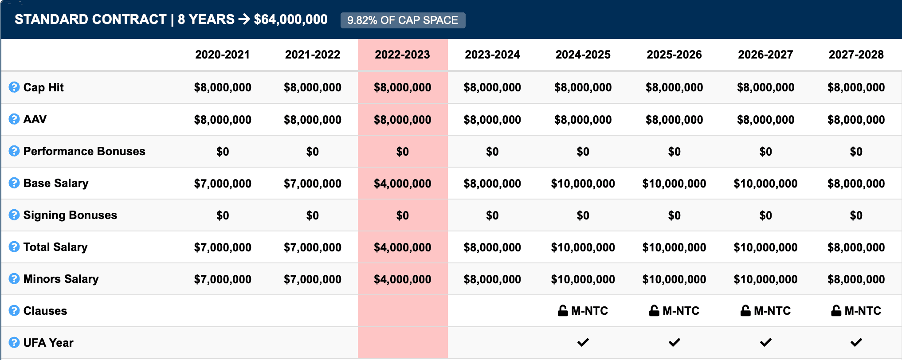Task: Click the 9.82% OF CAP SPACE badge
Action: point(403,20)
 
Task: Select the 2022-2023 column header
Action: point(402,55)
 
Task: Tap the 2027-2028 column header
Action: point(856,55)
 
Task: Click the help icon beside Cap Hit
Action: point(14,87)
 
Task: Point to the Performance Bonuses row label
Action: point(84,151)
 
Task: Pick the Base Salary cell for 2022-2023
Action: point(402,184)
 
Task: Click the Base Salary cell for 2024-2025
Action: point(583,184)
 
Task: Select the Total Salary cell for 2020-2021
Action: point(223,247)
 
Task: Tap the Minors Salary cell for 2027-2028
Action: point(856,279)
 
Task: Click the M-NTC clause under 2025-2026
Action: point(680,311)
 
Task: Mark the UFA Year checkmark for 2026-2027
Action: point(765,342)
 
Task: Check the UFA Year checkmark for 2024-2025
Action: point(583,342)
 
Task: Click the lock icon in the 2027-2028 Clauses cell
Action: point(836,311)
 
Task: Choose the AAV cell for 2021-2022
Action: point(313,120)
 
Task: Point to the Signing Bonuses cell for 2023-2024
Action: point(492,215)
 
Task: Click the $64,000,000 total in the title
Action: point(290,20)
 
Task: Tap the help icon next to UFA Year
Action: point(14,343)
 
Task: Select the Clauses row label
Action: point(45,311)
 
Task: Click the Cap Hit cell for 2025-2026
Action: point(674,87)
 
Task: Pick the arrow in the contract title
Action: point(244,20)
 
